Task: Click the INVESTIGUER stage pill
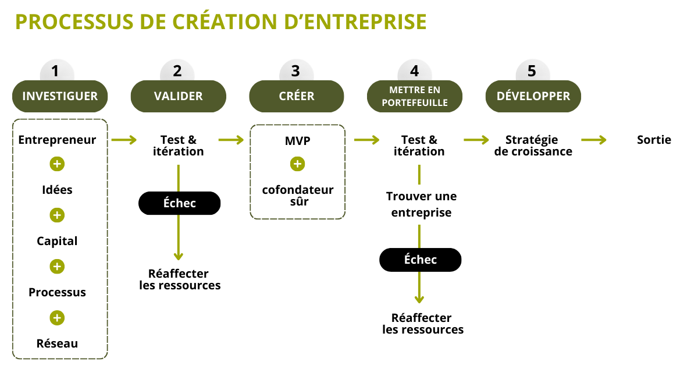coord(60,96)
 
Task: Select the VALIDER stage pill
coord(178,96)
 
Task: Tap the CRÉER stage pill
coord(297,96)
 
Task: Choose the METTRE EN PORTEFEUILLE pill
coord(415,96)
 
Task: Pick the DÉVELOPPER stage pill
coord(533,96)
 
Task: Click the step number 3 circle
coord(295,72)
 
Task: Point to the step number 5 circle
coord(532,72)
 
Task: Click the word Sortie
coord(654,140)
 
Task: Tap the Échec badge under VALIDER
coord(179,203)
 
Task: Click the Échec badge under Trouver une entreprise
coord(420,260)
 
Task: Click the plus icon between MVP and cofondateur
coord(297,164)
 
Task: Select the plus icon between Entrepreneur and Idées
coord(57,164)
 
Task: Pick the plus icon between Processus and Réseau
coord(57,318)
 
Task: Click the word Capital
coord(57,241)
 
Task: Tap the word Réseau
coord(57,343)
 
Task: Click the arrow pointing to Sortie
coord(593,140)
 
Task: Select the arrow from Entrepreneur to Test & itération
coord(123,140)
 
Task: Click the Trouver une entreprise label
coord(421,204)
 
